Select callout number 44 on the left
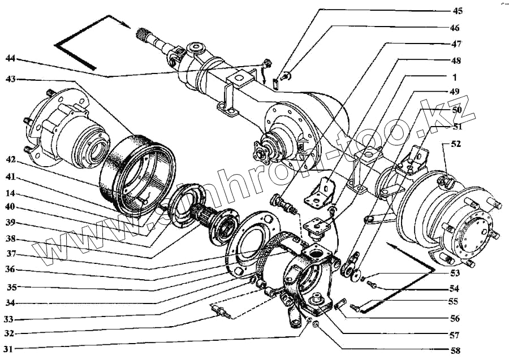11,59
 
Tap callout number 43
11,79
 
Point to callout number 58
456,350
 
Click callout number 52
456,144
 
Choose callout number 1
455,76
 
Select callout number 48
456,60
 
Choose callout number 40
11,207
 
